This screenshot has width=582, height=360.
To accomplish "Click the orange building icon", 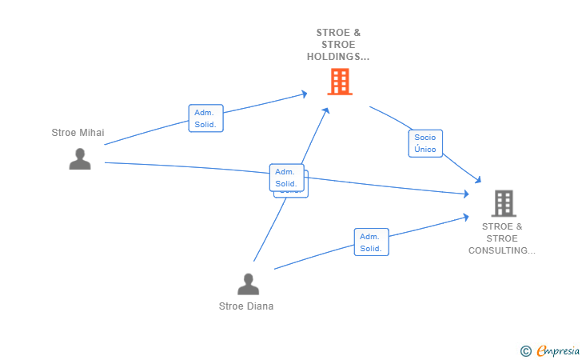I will [x=340, y=81].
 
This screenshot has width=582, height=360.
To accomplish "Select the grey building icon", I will [x=504, y=203].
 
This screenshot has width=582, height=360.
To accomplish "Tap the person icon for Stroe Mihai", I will [x=80, y=159].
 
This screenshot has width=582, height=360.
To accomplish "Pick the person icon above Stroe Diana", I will [x=249, y=284].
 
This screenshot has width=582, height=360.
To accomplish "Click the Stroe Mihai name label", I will [x=78, y=133].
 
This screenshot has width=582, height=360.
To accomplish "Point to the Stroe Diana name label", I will [x=246, y=306].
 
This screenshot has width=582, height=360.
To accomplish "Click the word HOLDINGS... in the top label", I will [x=338, y=57].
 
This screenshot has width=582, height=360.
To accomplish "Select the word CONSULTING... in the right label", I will [x=502, y=250].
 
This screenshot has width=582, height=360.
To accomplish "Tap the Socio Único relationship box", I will [x=425, y=143].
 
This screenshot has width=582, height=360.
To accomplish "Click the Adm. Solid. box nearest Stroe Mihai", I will [x=205, y=118].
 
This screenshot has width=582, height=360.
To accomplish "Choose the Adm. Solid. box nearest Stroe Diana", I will [x=371, y=242].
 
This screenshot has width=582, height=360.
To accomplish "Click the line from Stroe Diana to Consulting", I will [x=320, y=255].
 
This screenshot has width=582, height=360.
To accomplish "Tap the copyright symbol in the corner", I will [x=525, y=350].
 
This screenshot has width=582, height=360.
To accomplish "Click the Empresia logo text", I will [x=558, y=350].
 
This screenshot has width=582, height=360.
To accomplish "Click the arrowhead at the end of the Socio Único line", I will [x=478, y=180].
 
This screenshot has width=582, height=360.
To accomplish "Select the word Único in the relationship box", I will [x=425, y=150].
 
